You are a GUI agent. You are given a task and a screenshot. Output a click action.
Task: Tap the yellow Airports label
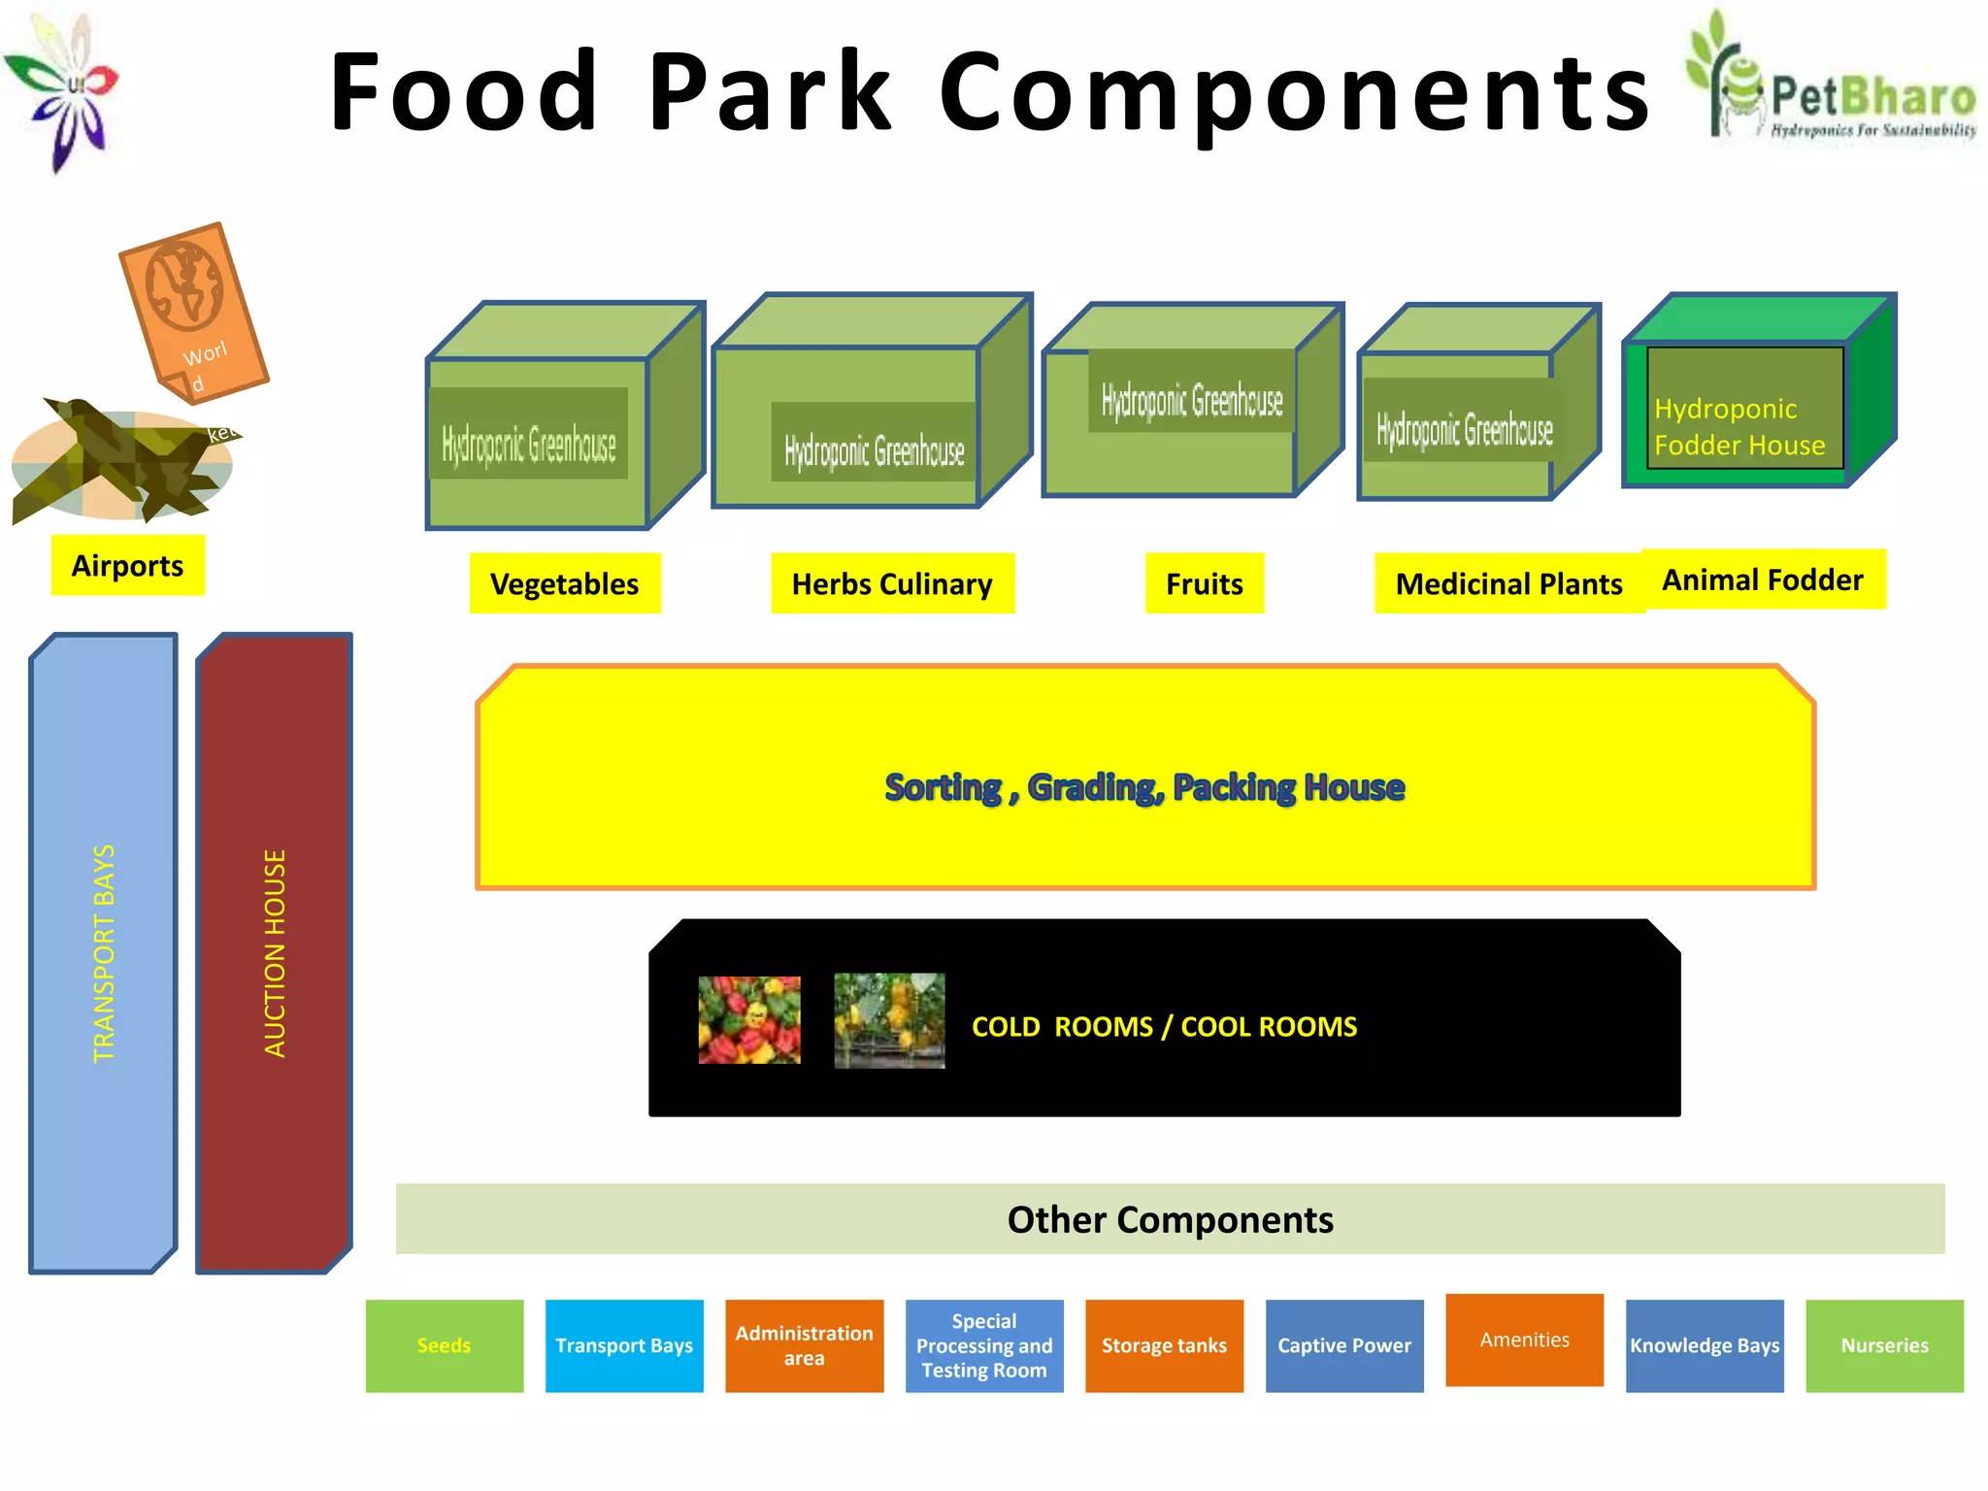(x=127, y=565)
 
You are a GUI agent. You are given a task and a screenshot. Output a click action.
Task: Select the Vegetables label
(x=564, y=583)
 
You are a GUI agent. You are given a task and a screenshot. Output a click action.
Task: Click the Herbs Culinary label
(x=892, y=583)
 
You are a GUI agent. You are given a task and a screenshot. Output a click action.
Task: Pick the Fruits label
(x=1204, y=583)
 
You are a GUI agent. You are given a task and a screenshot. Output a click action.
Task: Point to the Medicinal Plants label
(x=1508, y=583)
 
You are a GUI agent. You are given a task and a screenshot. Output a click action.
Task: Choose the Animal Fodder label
(x=1763, y=580)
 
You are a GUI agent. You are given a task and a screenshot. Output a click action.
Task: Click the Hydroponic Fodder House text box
(x=1744, y=409)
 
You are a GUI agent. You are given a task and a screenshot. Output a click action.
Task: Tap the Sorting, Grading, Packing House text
(x=1144, y=786)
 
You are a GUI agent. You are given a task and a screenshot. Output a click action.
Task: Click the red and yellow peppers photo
(x=749, y=1019)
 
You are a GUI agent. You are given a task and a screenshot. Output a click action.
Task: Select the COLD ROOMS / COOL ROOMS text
(x=1164, y=1026)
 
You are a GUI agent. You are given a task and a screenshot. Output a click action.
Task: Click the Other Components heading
(x=1170, y=1219)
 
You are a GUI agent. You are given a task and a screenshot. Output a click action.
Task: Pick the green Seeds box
(x=445, y=1345)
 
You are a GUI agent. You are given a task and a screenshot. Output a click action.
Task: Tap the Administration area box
(x=804, y=1345)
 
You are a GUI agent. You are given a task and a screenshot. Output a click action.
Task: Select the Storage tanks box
(x=1164, y=1345)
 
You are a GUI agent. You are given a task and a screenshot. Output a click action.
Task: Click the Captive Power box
(x=1344, y=1345)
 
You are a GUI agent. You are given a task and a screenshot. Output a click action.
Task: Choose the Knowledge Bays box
(x=1705, y=1345)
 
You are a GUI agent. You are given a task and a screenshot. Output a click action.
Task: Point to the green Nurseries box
(x=1884, y=1345)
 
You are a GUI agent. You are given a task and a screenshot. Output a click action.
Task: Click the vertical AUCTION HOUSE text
(x=275, y=953)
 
